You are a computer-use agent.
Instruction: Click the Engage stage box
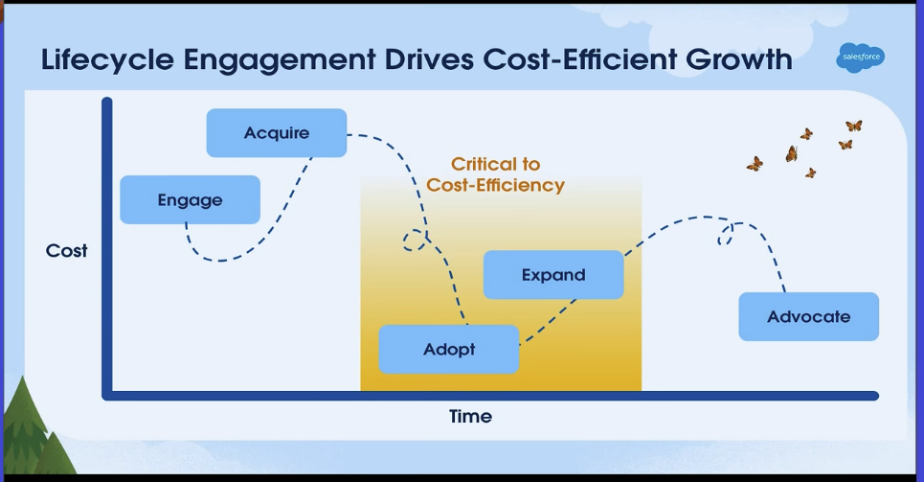click(190, 200)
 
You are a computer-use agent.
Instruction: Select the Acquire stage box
click(277, 132)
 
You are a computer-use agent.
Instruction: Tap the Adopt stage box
click(449, 350)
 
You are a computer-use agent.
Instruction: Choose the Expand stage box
click(553, 275)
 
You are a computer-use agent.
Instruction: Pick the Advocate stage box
click(808, 317)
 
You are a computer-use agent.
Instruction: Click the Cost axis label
click(66, 251)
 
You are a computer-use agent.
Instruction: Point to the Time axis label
click(470, 417)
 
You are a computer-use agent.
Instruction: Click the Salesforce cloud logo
click(860, 57)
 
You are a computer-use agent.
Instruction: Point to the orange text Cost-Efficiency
click(495, 185)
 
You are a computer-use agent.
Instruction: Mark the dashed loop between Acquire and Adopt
click(415, 240)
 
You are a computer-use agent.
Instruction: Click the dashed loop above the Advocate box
click(726, 233)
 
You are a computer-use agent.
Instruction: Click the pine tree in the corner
click(29, 431)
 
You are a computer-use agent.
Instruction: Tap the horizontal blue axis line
click(479, 396)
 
